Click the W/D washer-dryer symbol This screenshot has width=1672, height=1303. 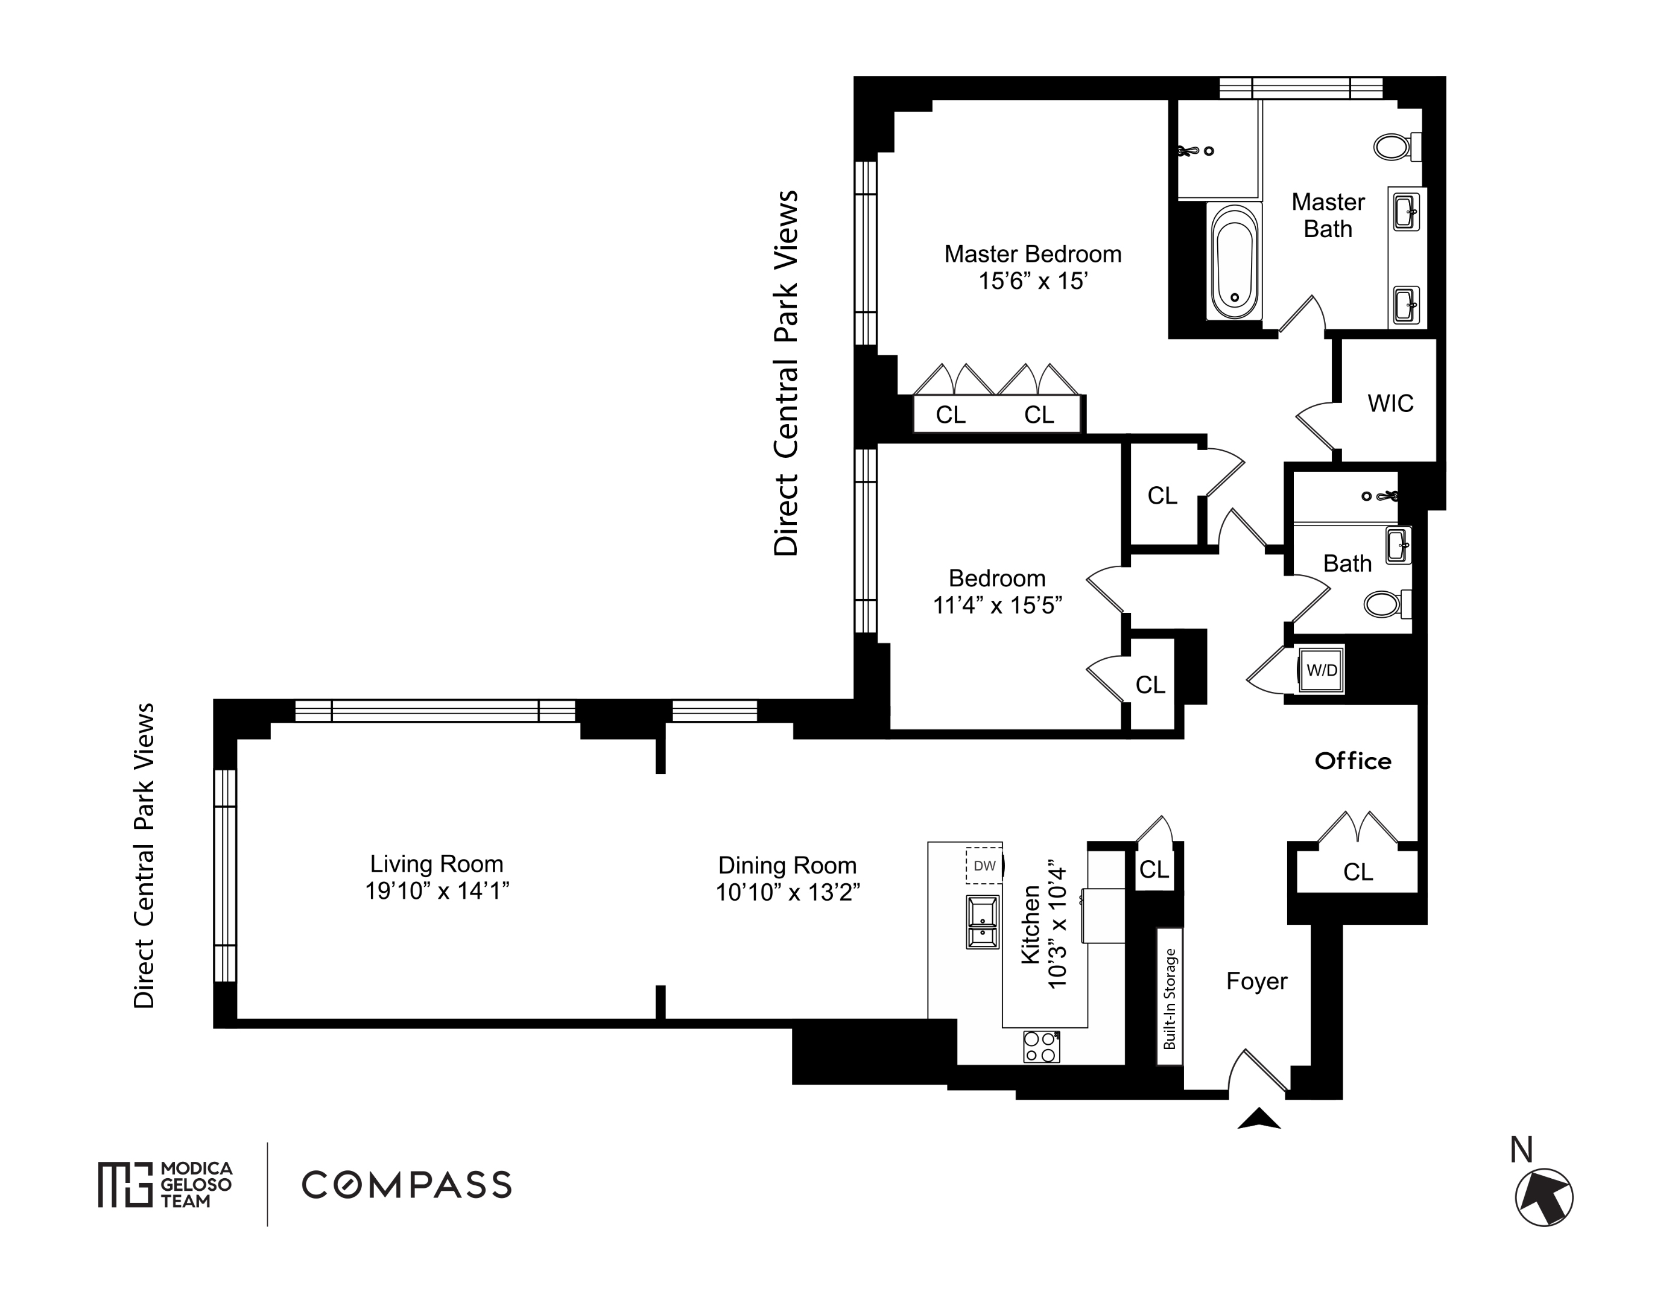pos(1322,670)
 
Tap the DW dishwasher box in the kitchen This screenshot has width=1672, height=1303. pos(984,866)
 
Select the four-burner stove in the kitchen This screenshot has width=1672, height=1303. pos(1041,1047)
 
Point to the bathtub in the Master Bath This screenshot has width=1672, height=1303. pos(1234,261)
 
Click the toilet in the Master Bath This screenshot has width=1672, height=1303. pos(1398,146)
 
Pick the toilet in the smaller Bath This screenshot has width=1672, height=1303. pos(1388,604)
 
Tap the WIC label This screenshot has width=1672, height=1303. pos(1390,404)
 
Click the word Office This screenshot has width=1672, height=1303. pos(1353,761)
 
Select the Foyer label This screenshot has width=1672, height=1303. pos(1256,981)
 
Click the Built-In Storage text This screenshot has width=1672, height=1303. pos(1169,998)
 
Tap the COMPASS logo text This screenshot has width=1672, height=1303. pos(407,1185)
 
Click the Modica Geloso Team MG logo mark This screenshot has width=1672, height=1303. pos(125,1184)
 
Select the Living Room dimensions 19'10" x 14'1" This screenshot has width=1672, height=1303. pos(437,891)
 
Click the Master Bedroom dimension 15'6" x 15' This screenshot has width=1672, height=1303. pos(1033,281)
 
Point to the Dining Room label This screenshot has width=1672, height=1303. pos(787,865)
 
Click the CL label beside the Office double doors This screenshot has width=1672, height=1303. pos(1358,872)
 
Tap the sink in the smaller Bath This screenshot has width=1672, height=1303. pos(1398,546)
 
